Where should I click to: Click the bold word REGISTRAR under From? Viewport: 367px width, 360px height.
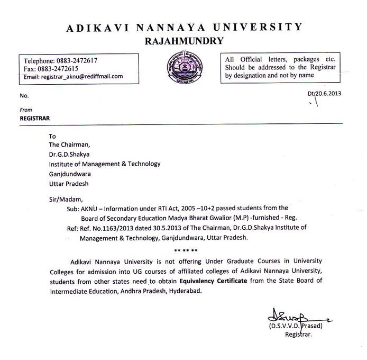pyautogui.click(x=35, y=119)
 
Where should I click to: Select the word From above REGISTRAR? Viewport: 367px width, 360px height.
pyautogui.click(x=26, y=110)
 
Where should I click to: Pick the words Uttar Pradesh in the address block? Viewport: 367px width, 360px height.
pyautogui.click(x=69, y=183)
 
